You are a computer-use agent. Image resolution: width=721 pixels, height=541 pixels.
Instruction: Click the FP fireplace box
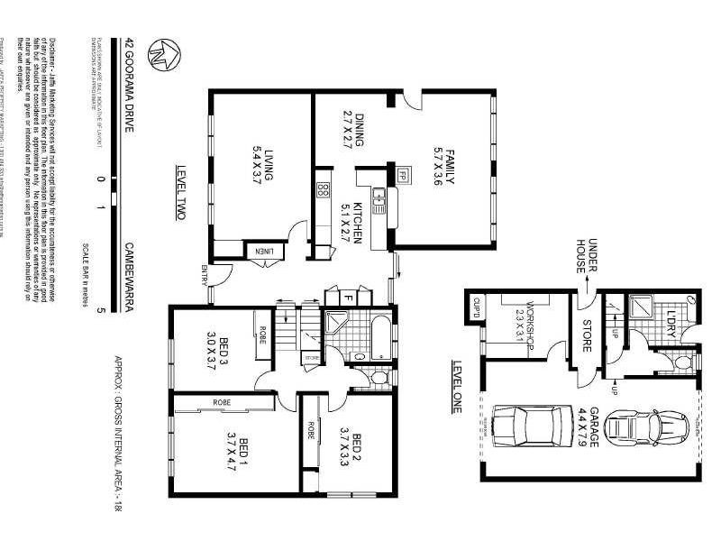click(403, 175)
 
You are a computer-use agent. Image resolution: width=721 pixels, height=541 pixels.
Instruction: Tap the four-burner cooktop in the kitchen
click(322, 189)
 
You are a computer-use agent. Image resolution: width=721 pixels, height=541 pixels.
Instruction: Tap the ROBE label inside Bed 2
click(312, 429)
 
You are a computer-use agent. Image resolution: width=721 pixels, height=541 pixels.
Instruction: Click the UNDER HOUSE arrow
click(585, 280)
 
